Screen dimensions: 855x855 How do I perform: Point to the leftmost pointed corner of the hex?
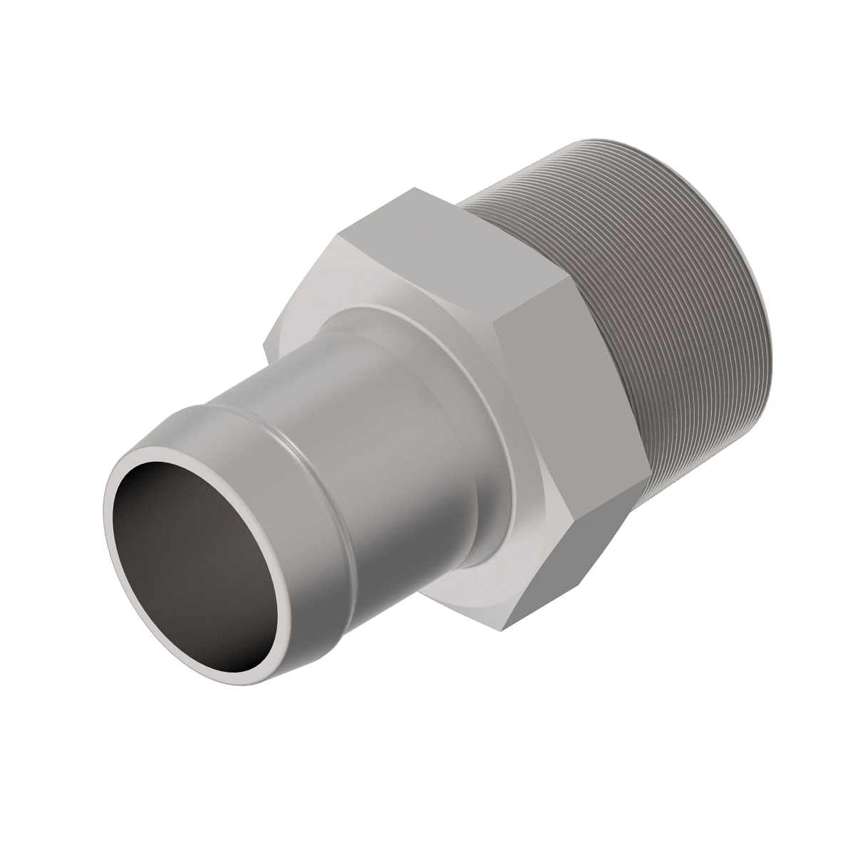265,348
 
